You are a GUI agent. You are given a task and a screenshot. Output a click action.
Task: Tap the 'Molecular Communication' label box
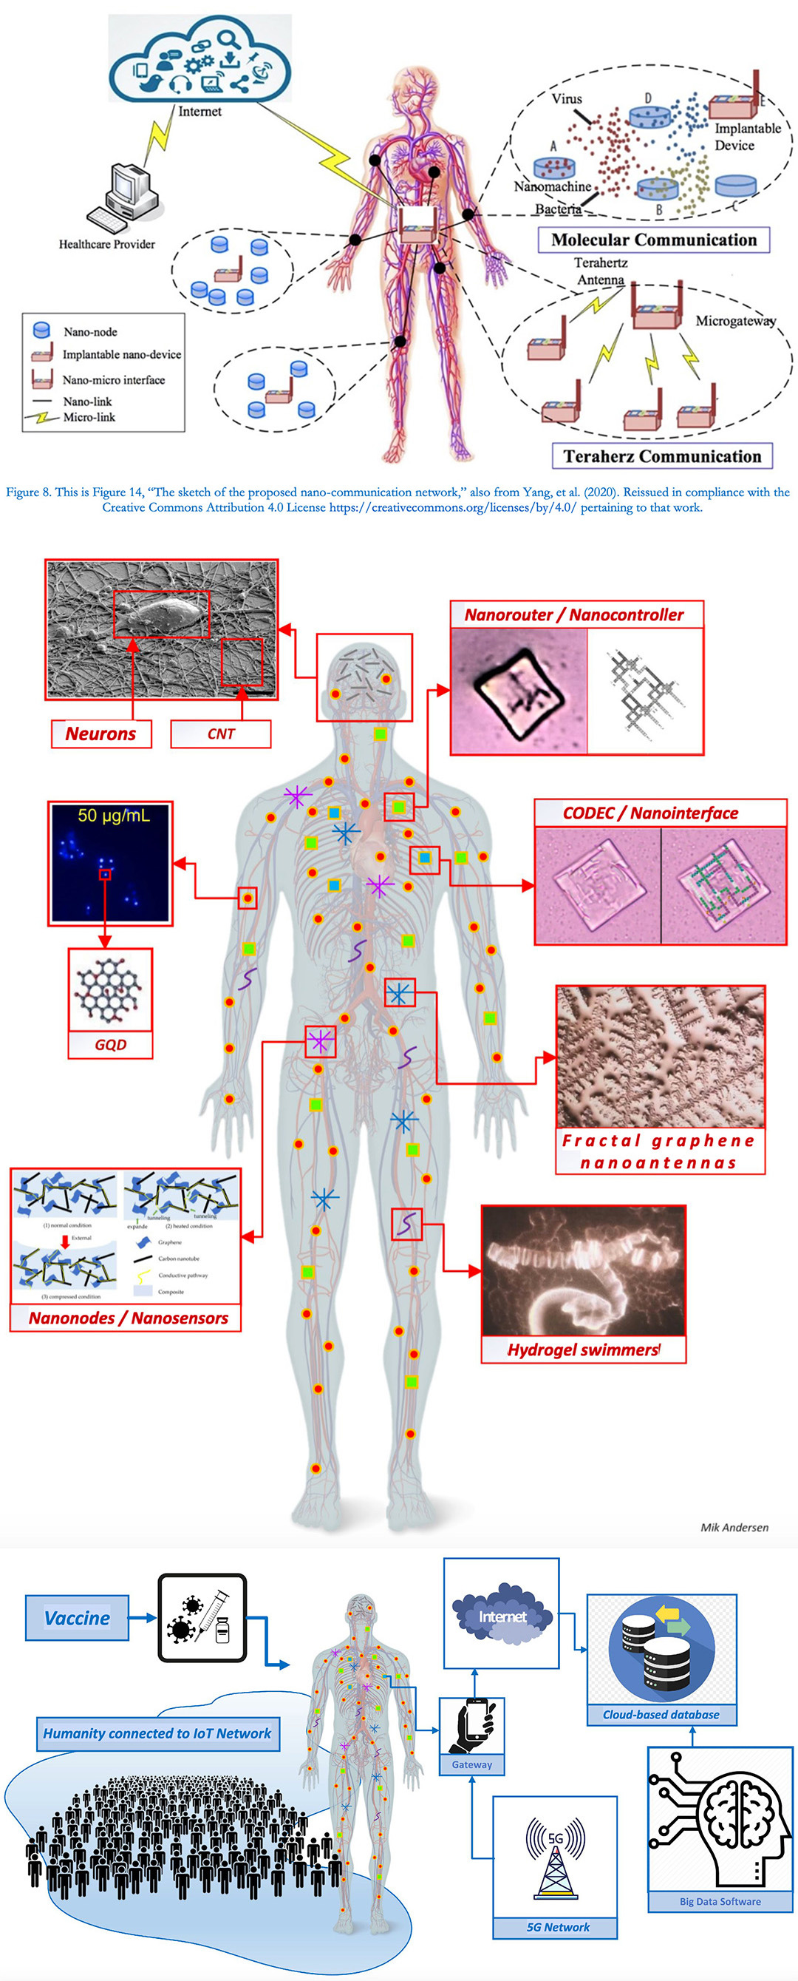[x=653, y=240]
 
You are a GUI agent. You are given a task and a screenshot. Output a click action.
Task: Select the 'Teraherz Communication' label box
[x=662, y=456]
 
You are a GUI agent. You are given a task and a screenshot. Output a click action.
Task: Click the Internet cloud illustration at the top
[x=200, y=58]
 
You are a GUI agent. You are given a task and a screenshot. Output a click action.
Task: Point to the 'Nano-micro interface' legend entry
[x=113, y=380]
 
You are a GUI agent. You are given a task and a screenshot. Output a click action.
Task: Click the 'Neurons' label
[x=100, y=734]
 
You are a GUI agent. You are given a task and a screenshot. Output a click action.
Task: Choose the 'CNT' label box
[x=221, y=734]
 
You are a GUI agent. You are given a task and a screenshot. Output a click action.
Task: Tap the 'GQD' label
[x=111, y=1044]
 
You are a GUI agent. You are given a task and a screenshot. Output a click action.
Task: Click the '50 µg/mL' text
[x=113, y=816]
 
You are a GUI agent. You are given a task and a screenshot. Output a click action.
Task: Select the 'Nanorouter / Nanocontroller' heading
[x=573, y=614]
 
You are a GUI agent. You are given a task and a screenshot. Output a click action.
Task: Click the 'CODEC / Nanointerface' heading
[x=650, y=813]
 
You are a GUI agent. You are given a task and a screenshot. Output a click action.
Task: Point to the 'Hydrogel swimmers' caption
[x=583, y=1350]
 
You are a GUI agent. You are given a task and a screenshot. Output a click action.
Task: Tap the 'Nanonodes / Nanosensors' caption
[x=129, y=1318]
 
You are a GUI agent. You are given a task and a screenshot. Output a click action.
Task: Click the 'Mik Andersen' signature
[x=734, y=1527]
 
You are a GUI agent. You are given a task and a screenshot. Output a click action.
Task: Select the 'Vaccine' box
[x=77, y=1619]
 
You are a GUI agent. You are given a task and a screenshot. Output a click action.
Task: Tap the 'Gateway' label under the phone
[x=472, y=1765]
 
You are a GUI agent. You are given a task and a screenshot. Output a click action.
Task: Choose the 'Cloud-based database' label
[x=661, y=1714]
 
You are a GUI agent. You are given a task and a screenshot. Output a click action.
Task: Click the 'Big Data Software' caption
[x=720, y=1901]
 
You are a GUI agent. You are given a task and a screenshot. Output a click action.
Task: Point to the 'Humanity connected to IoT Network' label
[x=157, y=1733]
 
